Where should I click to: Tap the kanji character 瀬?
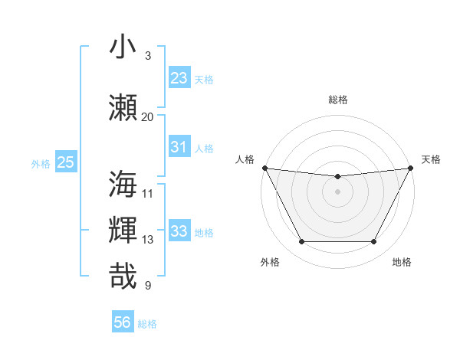[x=123, y=106]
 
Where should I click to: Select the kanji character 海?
[x=123, y=184]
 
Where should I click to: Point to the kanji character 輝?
[x=123, y=230]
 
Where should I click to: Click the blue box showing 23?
[x=179, y=77]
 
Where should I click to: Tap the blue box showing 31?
[x=179, y=147]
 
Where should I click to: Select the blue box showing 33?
[x=179, y=231]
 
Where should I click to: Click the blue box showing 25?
[x=66, y=162]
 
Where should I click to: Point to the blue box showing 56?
[x=123, y=322]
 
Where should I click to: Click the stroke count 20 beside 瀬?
[x=147, y=116]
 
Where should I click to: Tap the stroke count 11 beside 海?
[x=147, y=193]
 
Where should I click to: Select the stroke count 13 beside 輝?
[x=147, y=240]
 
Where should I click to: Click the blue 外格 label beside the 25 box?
[x=41, y=163]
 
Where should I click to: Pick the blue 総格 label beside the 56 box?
[x=147, y=323]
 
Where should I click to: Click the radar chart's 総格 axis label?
[x=337, y=100]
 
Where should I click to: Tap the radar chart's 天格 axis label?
[x=431, y=159]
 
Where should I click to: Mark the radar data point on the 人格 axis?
[x=264, y=168]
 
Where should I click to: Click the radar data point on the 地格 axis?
[x=373, y=242]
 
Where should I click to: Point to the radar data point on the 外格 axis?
[x=301, y=242]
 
